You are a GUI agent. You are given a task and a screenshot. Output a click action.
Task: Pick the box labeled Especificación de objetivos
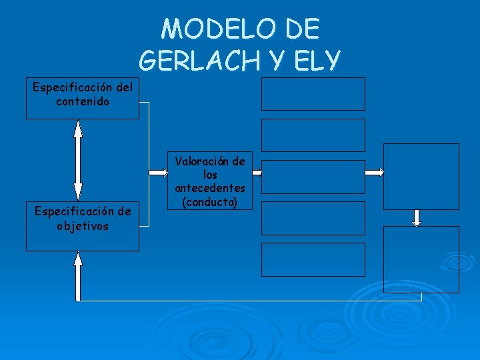coord(83,226)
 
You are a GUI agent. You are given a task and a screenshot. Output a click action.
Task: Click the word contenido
coord(83,102)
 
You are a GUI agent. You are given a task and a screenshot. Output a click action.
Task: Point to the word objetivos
coord(83,225)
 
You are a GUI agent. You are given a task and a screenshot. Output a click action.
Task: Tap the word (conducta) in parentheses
coord(210,201)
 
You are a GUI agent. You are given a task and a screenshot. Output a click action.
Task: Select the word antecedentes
coord(210,189)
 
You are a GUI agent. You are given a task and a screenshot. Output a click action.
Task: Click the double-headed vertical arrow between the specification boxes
coord(78,160)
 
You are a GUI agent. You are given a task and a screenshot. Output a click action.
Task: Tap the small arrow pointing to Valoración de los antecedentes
coord(159,172)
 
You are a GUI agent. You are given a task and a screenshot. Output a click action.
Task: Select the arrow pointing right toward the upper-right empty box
coord(375,172)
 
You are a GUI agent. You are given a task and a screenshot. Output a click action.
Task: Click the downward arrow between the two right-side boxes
coord(417,217)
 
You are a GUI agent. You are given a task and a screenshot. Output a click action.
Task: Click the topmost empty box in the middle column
coord(313,93)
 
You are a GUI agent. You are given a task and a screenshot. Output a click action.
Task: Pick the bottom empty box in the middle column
coord(313,259)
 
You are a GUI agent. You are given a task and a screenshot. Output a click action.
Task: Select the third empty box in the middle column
coord(313,177)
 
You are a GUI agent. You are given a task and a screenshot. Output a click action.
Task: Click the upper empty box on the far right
coord(421,176)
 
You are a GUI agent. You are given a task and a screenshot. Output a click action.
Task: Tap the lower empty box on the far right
coord(421,259)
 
